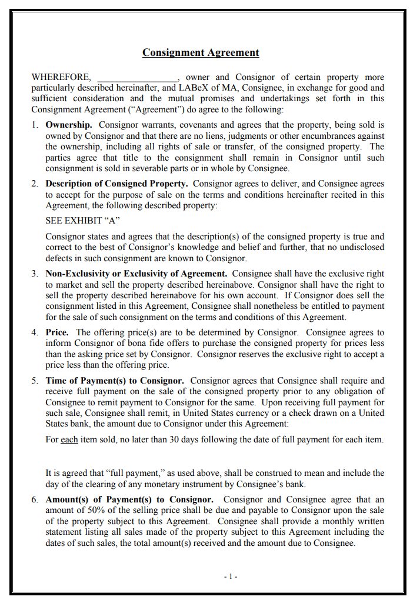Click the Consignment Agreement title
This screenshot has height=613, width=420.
[x=201, y=52]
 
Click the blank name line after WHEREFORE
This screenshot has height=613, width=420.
[x=137, y=78]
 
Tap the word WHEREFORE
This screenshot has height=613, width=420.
[x=61, y=77]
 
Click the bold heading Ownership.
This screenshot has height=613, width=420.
[x=69, y=125]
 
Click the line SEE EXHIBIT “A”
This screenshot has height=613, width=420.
[x=82, y=221]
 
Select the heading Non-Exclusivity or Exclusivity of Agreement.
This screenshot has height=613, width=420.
[x=136, y=274]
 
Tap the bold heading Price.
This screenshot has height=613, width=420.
[x=57, y=332]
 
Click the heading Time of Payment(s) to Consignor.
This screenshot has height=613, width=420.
[x=115, y=381]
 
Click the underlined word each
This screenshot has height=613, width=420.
[x=69, y=439]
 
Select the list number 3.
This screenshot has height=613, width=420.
[x=35, y=274]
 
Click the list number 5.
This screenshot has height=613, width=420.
[x=35, y=381]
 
